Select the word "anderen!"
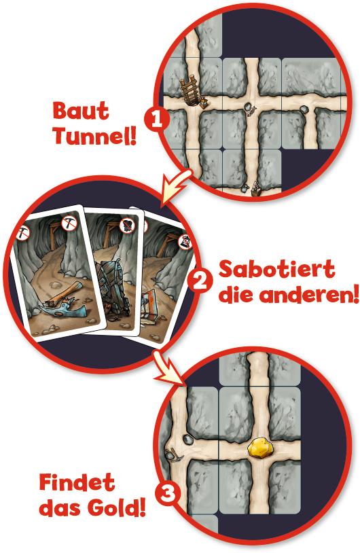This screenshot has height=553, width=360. pyautogui.click(x=306, y=295)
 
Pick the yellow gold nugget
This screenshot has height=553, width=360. pyautogui.click(x=261, y=448)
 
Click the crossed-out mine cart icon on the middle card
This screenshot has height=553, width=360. pyautogui.click(x=126, y=226)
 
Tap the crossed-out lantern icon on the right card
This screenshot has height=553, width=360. pyautogui.click(x=183, y=240)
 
